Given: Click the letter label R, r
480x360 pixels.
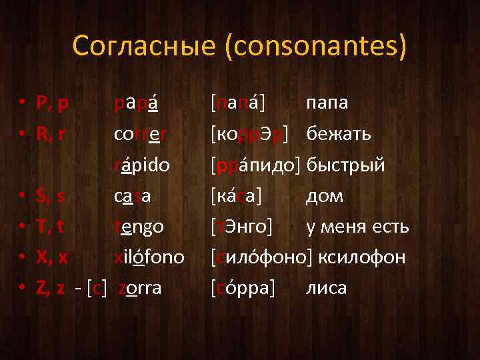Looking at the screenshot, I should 51,134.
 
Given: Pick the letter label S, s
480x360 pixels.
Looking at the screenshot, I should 51,196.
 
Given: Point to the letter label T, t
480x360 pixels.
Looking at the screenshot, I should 51,227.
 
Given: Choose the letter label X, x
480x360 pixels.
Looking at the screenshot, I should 51,257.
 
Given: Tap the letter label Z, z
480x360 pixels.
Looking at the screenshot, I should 51,288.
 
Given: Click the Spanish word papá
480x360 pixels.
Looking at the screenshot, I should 137,103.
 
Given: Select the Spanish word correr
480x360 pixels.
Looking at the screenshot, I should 139,134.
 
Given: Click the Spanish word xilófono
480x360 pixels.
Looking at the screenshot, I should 149,257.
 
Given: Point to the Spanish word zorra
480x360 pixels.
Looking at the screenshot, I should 140,288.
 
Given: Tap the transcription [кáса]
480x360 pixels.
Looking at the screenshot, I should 236,196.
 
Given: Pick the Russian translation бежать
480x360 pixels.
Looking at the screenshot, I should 339,134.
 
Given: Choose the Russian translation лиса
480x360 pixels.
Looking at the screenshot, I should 327,288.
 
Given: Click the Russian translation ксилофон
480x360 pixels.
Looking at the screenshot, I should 361,257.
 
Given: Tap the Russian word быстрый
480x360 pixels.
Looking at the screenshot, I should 347,165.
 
